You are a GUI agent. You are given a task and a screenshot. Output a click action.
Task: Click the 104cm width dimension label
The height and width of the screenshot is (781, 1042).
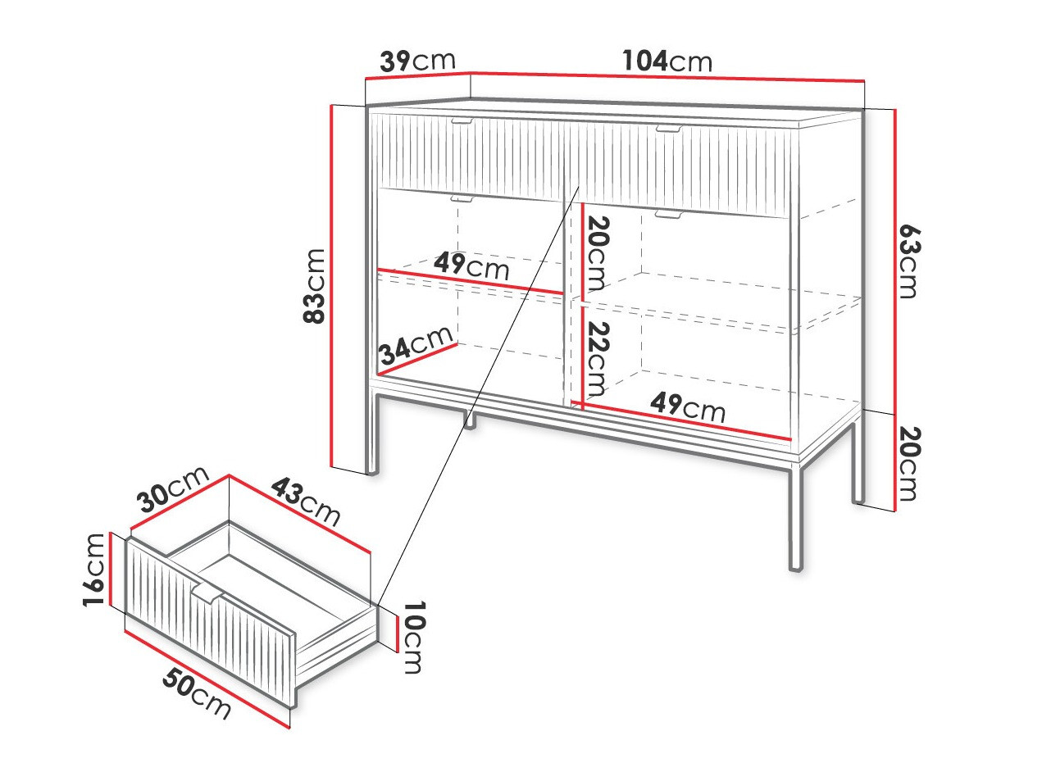coord(667,61)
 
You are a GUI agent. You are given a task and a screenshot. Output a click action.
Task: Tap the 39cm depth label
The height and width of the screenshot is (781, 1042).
coord(418,61)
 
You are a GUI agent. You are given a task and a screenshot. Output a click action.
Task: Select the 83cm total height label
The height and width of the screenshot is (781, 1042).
coord(314,286)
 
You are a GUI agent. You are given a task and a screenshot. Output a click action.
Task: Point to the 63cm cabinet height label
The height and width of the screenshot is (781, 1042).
coord(909,261)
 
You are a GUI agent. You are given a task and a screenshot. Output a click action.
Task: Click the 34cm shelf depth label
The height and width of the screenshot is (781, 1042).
coord(416,344)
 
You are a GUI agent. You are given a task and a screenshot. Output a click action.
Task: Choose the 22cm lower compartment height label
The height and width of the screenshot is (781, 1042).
coord(597,359)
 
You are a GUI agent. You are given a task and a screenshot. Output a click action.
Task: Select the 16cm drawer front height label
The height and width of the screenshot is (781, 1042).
coord(93,570)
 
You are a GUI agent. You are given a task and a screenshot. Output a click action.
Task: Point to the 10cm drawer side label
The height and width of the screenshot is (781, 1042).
coord(413,638)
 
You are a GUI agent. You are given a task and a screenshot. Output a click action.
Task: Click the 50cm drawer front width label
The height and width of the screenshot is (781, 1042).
coord(197,695)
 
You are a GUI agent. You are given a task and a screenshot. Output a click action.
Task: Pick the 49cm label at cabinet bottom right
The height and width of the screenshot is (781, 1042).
coord(688,407)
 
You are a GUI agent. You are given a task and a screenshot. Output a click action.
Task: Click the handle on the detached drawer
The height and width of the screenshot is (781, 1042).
coord(207,595)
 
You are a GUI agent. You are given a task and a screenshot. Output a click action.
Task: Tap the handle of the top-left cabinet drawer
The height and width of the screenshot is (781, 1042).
coord(462,120)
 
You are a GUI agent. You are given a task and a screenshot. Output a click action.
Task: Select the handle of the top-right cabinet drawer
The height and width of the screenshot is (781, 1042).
coord(669,129)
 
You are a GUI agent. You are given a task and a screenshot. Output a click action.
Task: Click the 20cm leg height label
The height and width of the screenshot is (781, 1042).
coord(909,464)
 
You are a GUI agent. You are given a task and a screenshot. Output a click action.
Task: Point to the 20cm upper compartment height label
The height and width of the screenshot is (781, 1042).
coord(597,253)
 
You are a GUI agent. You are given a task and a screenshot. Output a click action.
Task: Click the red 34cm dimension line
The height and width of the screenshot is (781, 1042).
coord(419,360)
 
